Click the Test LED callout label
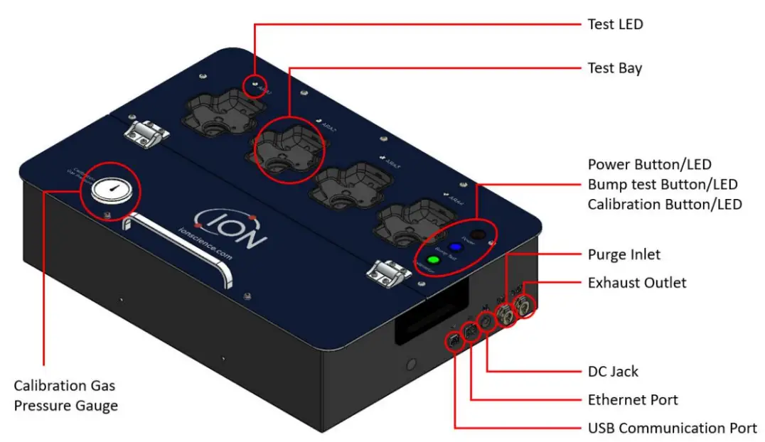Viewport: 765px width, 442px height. (x=615, y=24)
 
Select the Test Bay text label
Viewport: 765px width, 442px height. (x=614, y=68)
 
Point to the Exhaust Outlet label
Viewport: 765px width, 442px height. (x=637, y=283)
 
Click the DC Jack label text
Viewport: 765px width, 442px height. (x=613, y=371)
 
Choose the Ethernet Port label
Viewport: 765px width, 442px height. (x=633, y=399)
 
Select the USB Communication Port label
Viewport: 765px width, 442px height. (x=672, y=428)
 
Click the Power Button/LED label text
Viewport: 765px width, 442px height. (x=649, y=165)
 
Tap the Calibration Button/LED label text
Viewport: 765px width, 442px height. (x=665, y=205)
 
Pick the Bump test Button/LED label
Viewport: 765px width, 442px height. (x=662, y=185)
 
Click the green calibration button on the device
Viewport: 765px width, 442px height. (x=433, y=260)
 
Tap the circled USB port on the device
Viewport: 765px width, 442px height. (x=453, y=341)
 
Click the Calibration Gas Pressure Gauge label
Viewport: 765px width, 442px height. (x=65, y=396)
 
